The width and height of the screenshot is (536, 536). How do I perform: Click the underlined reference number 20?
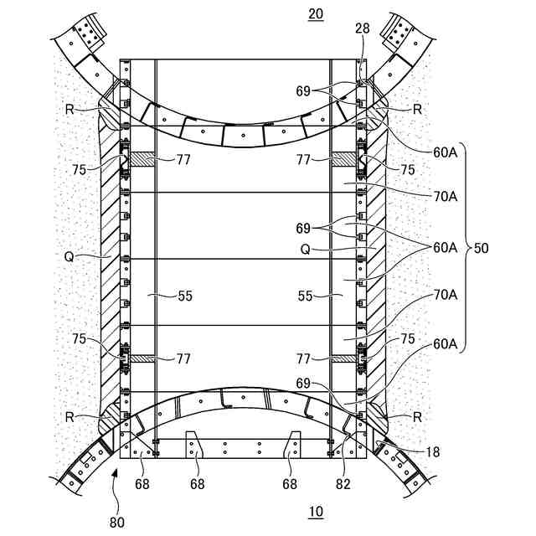coord(315,14)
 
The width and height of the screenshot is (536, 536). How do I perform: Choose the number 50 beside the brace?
coord(482,249)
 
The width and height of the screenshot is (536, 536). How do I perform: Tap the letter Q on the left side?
coord(68,257)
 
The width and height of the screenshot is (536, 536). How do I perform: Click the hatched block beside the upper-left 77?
coord(140,158)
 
